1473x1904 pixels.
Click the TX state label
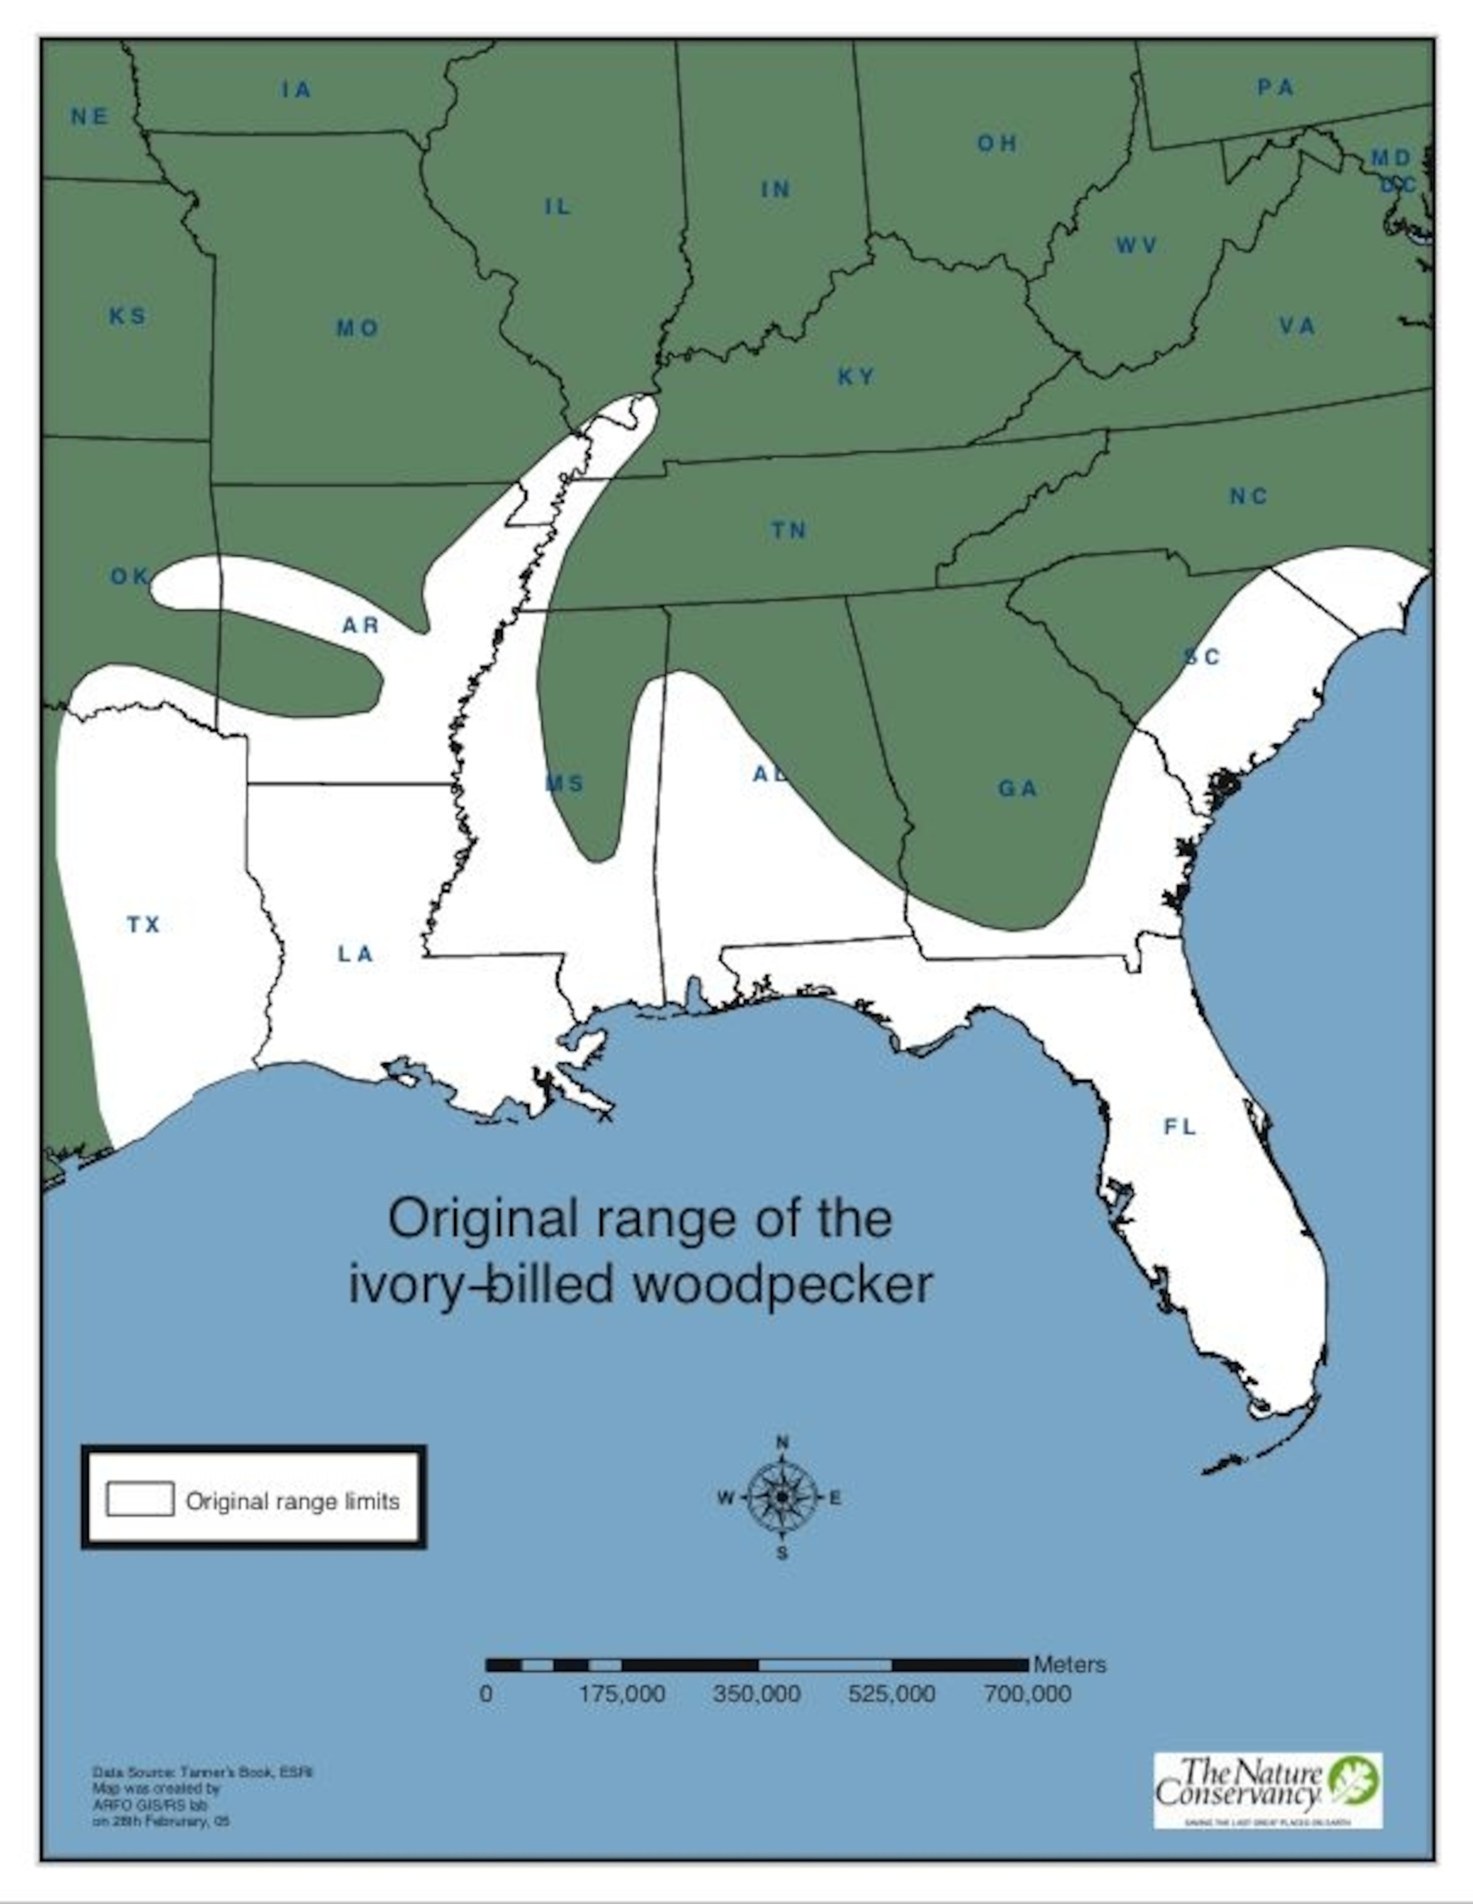tap(144, 924)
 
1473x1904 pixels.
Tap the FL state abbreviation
tap(1180, 1127)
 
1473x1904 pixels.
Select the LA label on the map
tap(356, 954)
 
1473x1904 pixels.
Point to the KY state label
tap(856, 377)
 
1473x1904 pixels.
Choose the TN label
tap(789, 530)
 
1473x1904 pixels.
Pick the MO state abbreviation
tap(358, 328)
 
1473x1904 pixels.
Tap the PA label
tap(1276, 87)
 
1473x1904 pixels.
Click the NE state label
tap(90, 117)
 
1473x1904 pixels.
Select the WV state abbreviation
tap(1137, 246)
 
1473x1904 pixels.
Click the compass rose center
tap(782, 1497)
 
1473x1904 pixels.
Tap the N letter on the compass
tap(782, 1442)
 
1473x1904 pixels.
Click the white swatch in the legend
tap(139, 1499)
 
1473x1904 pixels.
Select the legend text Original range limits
tap(293, 1501)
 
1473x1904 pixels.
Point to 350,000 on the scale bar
tap(757, 1694)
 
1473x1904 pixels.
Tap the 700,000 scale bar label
tap(1027, 1694)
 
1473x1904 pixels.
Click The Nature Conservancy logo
tap(1267, 1791)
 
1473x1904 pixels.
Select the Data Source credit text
tap(202, 1773)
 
